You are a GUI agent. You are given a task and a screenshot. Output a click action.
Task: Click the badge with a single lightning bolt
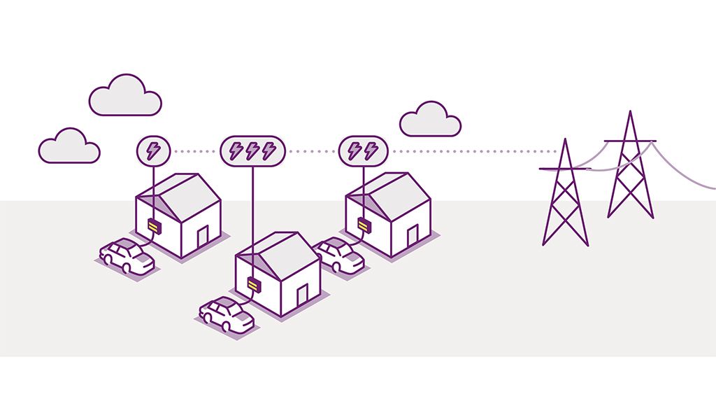(152, 150)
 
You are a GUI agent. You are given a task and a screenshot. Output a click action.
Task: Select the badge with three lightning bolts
(252, 150)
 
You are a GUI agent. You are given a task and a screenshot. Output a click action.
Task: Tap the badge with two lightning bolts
(362, 150)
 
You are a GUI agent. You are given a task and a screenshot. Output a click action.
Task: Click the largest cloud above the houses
(125, 97)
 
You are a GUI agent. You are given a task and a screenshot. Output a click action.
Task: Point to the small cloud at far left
(69, 147)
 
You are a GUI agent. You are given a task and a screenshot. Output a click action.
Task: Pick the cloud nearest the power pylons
(430, 120)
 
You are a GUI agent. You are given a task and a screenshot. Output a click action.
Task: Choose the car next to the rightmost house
(338, 255)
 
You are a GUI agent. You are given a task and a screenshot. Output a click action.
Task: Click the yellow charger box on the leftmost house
(154, 225)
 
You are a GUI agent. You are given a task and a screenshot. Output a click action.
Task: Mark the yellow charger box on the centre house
(254, 284)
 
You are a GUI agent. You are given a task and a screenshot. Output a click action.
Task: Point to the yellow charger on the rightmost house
(364, 224)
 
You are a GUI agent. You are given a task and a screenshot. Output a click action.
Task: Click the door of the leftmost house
(203, 237)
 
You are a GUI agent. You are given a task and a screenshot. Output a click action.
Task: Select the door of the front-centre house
(302, 295)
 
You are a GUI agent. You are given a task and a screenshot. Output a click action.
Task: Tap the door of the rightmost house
(413, 235)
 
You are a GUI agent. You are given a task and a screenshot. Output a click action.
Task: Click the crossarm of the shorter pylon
(564, 169)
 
